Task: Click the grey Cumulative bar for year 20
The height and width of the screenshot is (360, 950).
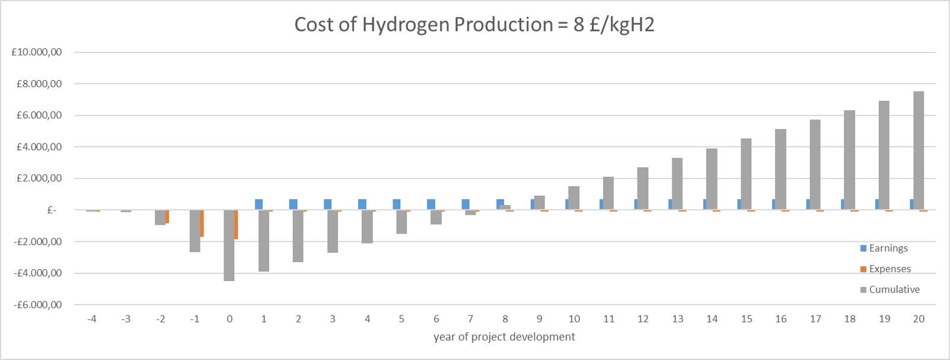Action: pos(919,151)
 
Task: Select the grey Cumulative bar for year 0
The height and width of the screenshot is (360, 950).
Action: pos(229,246)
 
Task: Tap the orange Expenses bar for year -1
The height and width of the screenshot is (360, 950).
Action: pos(202,224)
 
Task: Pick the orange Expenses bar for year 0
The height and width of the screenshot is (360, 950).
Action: pos(236,225)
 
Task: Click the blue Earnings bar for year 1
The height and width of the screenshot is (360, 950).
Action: pos(259,205)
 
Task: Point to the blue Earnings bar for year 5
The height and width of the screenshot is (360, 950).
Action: pos(397,205)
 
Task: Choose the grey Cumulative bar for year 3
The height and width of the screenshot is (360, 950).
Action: pos(332,231)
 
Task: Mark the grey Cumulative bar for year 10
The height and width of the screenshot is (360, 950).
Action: pos(574,198)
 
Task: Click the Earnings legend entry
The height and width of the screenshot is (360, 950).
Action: pos(888,249)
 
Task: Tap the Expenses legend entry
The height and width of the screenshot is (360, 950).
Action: pos(890,269)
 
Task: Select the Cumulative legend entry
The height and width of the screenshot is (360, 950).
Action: pos(894,289)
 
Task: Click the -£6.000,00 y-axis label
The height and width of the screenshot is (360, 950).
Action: pos(37,305)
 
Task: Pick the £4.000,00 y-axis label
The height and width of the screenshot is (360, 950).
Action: pos(39,147)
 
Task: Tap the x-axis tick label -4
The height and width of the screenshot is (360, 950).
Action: pos(91,319)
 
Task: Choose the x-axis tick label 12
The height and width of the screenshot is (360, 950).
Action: pos(643,319)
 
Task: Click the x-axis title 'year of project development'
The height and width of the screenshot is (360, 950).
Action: pos(504,337)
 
